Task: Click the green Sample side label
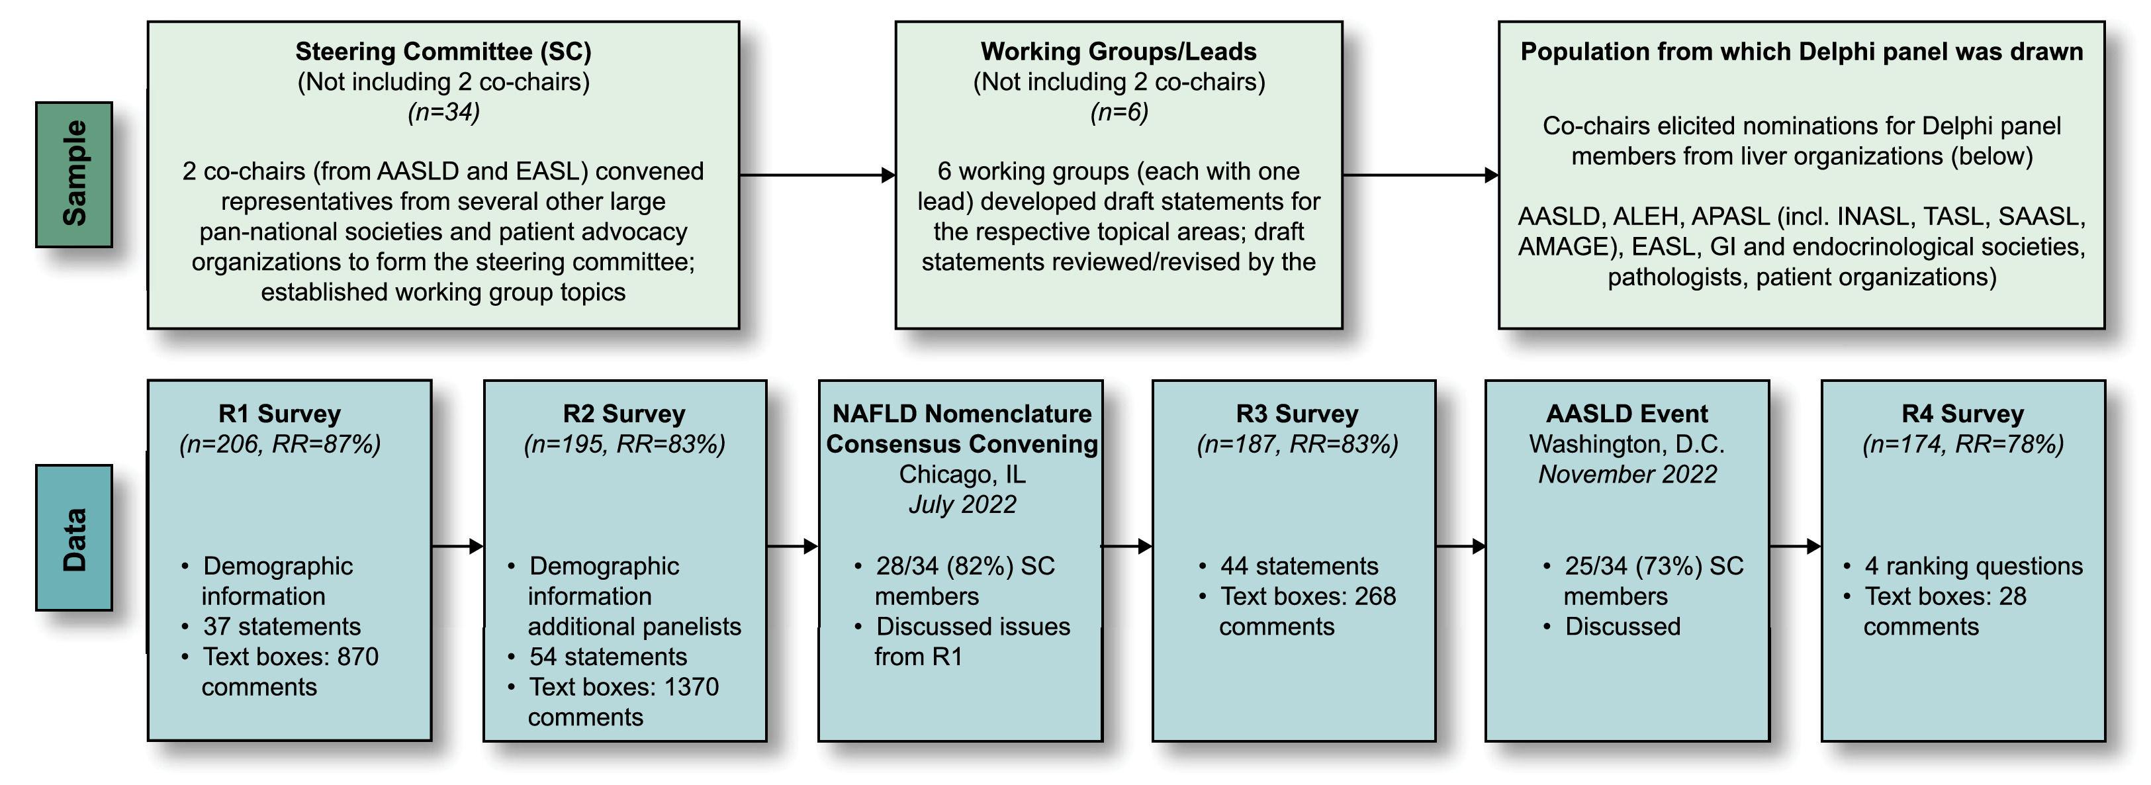tap(73, 173)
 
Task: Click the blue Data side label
tap(73, 538)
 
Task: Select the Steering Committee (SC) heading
tap(443, 52)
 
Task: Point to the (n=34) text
tap(443, 112)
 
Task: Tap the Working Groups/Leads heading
tap(1118, 52)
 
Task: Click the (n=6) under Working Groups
tap(1118, 112)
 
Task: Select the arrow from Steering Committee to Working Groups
tap(817, 175)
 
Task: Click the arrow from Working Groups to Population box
tap(1420, 175)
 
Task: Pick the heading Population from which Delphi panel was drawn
tap(1801, 52)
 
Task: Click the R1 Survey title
tap(280, 414)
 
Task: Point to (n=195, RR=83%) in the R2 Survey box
tap(625, 444)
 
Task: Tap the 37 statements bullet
tap(281, 626)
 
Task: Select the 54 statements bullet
tap(608, 657)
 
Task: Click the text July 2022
tap(962, 504)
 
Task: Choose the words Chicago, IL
tap(962, 475)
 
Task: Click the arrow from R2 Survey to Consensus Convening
tap(792, 547)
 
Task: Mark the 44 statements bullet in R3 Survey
tap(1299, 566)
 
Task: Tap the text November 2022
tap(1627, 475)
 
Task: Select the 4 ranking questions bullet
tap(1973, 566)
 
